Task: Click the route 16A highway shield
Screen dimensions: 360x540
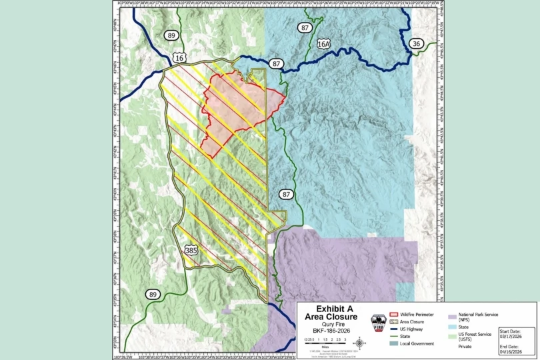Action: tap(324, 43)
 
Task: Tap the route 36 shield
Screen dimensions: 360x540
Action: tap(417, 43)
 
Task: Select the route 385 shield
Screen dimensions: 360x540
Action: tap(191, 251)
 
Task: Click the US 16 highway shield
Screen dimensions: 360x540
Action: tap(179, 58)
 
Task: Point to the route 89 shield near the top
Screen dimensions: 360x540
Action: tap(172, 35)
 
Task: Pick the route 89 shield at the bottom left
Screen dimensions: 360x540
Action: tap(153, 294)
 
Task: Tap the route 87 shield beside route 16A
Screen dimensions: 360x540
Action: tap(305, 27)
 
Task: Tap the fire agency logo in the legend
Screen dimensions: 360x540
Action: tap(379, 322)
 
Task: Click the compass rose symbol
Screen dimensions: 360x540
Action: tap(359, 343)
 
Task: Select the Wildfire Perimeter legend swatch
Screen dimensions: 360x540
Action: tap(393, 313)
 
